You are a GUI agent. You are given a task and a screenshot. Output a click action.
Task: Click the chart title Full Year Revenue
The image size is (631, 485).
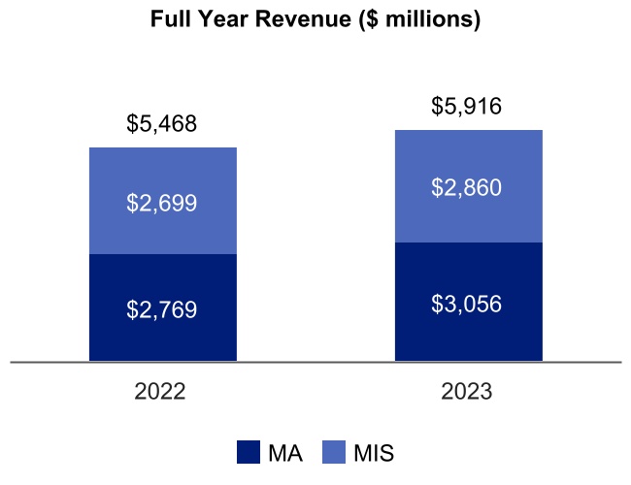(315, 20)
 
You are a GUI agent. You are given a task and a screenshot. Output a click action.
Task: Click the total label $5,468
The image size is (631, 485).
(162, 124)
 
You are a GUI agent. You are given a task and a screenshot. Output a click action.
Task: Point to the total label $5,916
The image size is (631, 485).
(467, 107)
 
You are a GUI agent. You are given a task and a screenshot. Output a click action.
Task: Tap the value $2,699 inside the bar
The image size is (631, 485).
(162, 204)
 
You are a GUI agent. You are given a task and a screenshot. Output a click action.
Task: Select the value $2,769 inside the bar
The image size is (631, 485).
(162, 310)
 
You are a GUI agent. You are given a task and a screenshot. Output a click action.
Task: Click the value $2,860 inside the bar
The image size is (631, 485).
(467, 188)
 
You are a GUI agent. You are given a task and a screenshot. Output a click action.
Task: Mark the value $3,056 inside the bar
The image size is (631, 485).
(467, 304)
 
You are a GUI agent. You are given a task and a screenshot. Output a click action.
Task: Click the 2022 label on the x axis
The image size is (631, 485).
(162, 393)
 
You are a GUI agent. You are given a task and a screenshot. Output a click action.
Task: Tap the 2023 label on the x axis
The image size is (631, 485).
(467, 393)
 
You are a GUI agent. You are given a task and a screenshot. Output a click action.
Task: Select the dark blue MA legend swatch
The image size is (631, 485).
(249, 452)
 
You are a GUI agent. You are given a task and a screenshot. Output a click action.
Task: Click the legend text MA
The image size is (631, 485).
(283, 453)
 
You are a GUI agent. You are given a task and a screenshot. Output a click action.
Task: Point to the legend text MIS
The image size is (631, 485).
(374, 453)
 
